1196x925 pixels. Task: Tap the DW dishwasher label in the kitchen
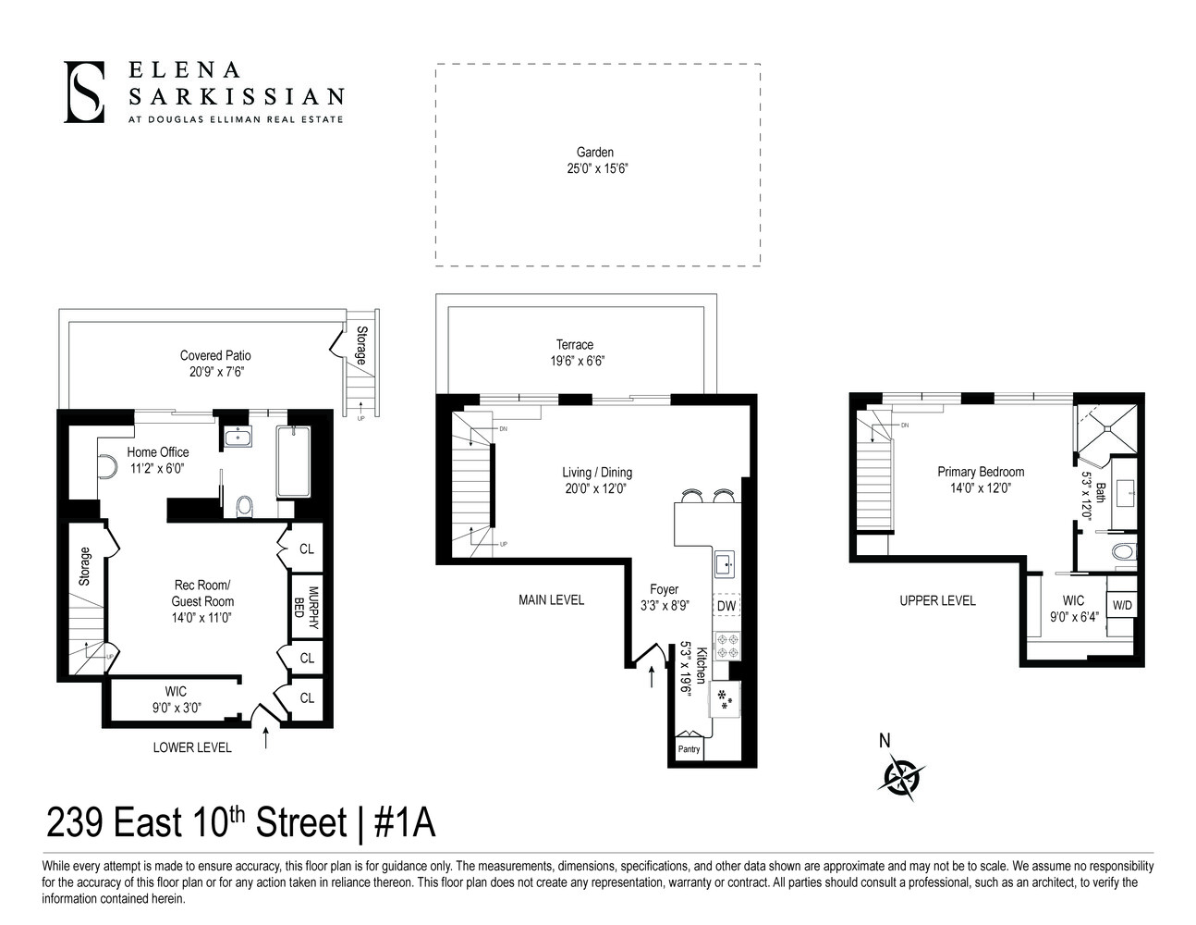pos(726,606)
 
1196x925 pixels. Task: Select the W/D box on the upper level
pos(1122,606)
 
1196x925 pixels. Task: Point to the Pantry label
pos(689,749)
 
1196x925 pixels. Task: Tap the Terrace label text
pos(574,345)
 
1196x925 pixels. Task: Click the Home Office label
pos(158,452)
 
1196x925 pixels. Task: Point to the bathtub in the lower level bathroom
pos(293,462)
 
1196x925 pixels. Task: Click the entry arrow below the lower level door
pos(267,737)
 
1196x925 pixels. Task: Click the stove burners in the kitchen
pos(726,645)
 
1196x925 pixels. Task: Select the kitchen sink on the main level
pos(725,562)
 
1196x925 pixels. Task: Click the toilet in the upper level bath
pos(1123,552)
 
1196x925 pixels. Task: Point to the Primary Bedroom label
pos(981,472)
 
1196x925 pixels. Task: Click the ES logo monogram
pos(84,92)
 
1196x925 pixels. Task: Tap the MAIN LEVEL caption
pos(551,600)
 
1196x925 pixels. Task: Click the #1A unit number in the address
pos(404,821)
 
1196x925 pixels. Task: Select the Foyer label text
pos(664,589)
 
